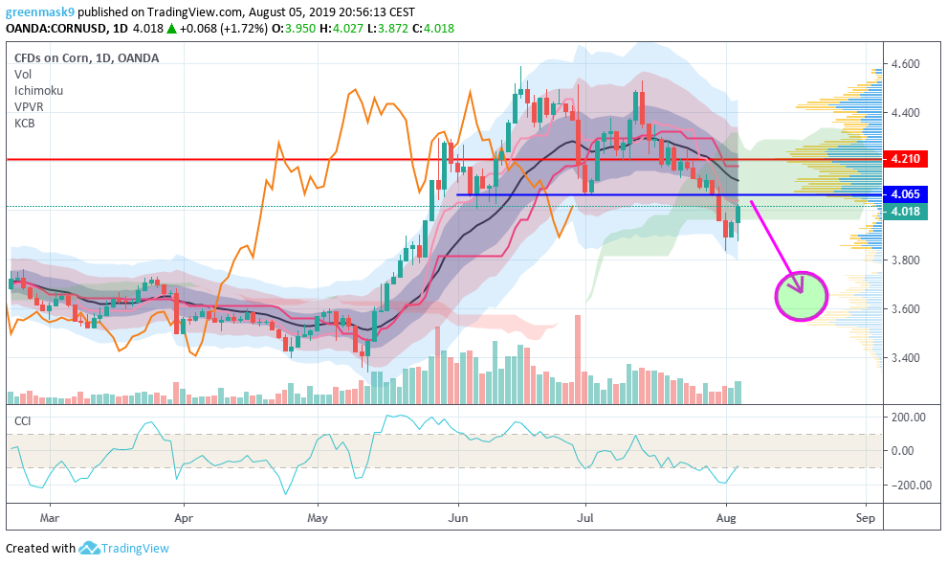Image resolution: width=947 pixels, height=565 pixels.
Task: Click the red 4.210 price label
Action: click(x=905, y=159)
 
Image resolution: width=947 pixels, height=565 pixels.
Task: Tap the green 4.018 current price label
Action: click(x=905, y=212)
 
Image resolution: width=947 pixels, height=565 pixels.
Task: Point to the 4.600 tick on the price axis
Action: click(x=905, y=64)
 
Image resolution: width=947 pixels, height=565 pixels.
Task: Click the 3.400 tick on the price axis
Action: click(x=905, y=358)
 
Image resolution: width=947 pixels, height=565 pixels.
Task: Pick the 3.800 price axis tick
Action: click(x=905, y=260)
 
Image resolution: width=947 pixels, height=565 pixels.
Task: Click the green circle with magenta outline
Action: click(x=801, y=296)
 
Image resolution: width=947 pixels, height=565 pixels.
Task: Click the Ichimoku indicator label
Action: click(x=38, y=90)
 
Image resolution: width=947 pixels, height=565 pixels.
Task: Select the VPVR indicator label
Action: click(x=30, y=106)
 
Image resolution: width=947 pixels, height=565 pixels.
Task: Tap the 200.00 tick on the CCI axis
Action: click(x=908, y=418)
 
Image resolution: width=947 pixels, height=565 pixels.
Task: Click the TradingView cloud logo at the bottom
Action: click(x=90, y=549)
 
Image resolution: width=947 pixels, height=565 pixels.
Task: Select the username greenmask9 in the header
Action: click(x=38, y=12)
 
